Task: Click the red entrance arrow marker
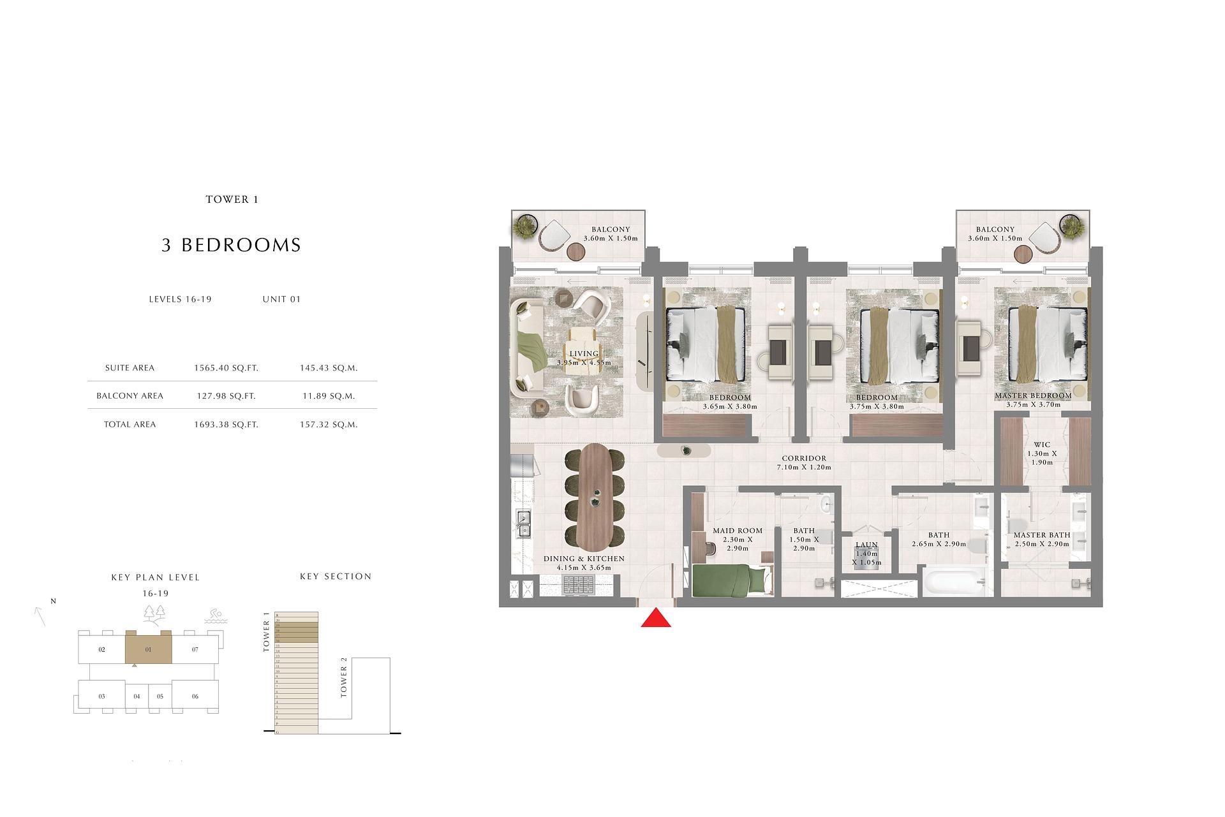pyautogui.click(x=656, y=618)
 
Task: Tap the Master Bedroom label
pyautogui.click(x=1033, y=395)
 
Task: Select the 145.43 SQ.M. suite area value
pyautogui.click(x=329, y=367)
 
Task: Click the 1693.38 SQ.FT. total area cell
pyautogui.click(x=226, y=424)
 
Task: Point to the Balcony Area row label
pyautogui.click(x=130, y=395)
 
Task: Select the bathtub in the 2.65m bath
pyautogui.click(x=953, y=582)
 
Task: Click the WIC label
pyautogui.click(x=1042, y=445)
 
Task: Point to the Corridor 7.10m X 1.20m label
pyautogui.click(x=803, y=462)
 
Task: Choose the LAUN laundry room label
pyautogui.click(x=866, y=545)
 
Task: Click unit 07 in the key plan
pyautogui.click(x=195, y=649)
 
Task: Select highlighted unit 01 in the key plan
pyautogui.click(x=148, y=649)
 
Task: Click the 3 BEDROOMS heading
pyautogui.click(x=231, y=245)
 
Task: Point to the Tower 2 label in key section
pyautogui.click(x=344, y=682)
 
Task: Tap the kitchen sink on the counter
pyautogui.click(x=524, y=524)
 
